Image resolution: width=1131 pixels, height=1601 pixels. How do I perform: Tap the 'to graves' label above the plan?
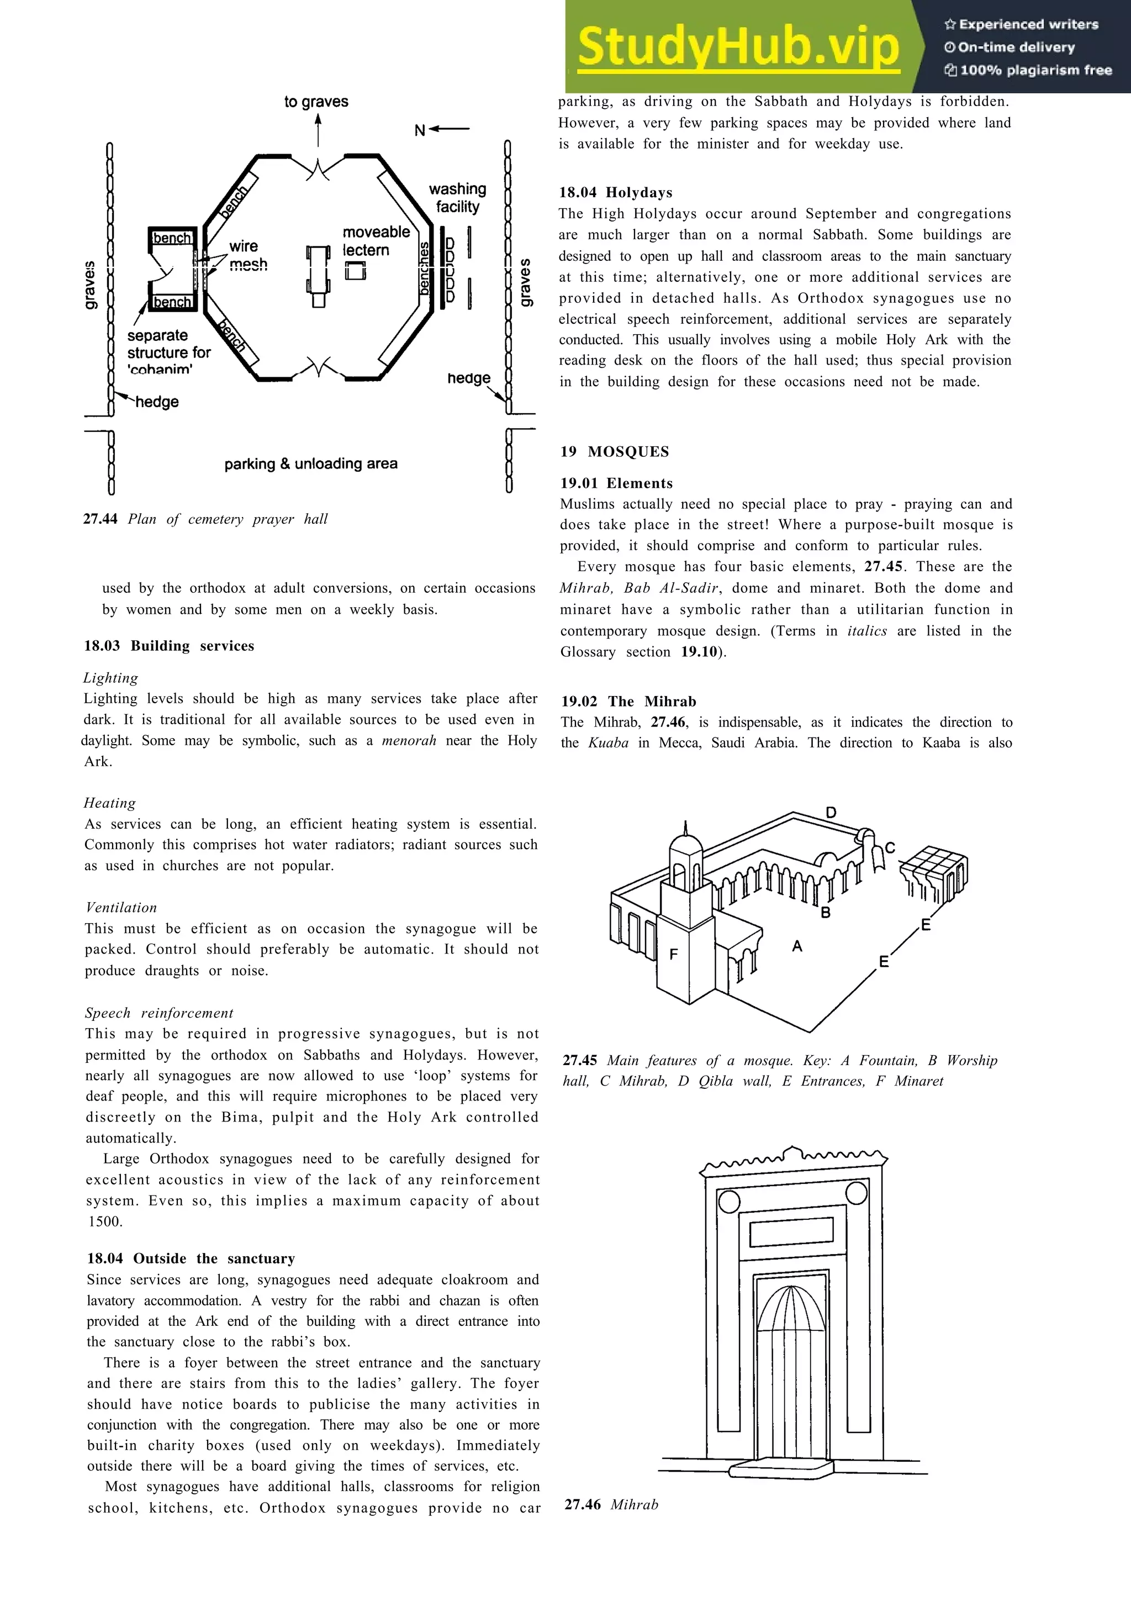(x=316, y=102)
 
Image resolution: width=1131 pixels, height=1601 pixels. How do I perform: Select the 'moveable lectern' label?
(x=376, y=240)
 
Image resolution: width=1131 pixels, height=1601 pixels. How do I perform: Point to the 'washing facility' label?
(x=457, y=197)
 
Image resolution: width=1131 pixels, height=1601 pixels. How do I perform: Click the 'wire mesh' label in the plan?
(x=247, y=255)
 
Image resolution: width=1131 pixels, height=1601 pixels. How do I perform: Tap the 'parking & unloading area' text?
(x=311, y=464)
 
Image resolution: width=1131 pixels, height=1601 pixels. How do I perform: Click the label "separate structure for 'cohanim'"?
(x=168, y=352)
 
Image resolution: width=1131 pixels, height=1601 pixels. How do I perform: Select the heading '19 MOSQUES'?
(x=614, y=451)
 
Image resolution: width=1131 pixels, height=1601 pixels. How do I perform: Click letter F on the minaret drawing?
(x=673, y=954)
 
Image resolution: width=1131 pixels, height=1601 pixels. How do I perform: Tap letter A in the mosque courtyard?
(x=797, y=946)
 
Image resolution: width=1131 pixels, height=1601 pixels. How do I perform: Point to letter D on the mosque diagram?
(x=831, y=812)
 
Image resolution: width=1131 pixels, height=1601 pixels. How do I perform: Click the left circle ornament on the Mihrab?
(x=728, y=1202)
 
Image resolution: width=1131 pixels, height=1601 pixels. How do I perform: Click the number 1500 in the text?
(x=105, y=1221)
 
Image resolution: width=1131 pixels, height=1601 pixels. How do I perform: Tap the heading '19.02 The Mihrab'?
(x=628, y=702)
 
